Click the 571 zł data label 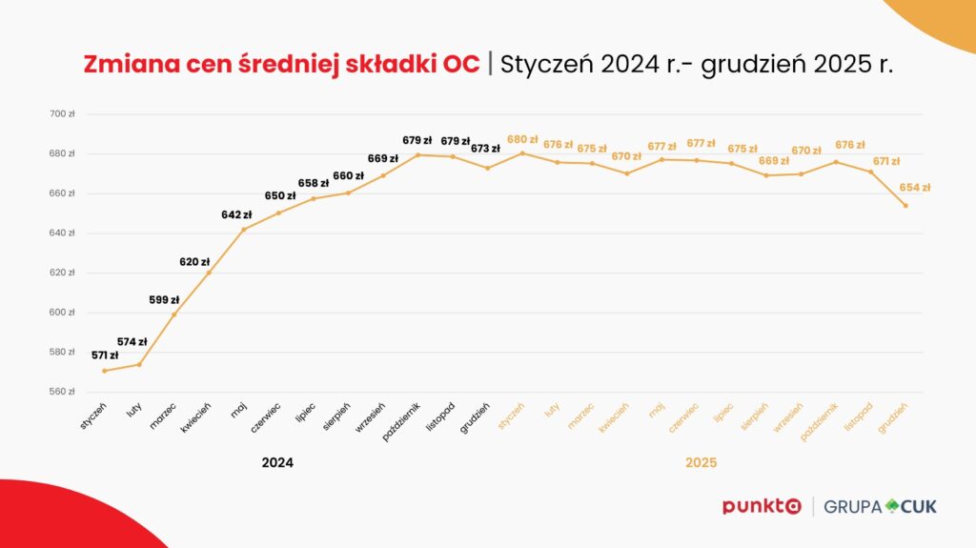(105, 355)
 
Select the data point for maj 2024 (244, 229)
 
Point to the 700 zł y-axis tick (63, 113)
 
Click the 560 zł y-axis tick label (63, 392)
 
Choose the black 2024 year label (277, 462)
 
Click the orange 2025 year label (701, 462)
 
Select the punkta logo (762, 506)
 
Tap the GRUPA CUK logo (880, 506)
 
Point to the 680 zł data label (522, 139)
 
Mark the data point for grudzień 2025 (905, 206)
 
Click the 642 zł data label (236, 214)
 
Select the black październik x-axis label (401, 418)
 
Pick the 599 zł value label (164, 299)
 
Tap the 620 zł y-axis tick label (63, 273)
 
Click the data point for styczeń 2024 (104, 371)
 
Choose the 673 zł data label (485, 149)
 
